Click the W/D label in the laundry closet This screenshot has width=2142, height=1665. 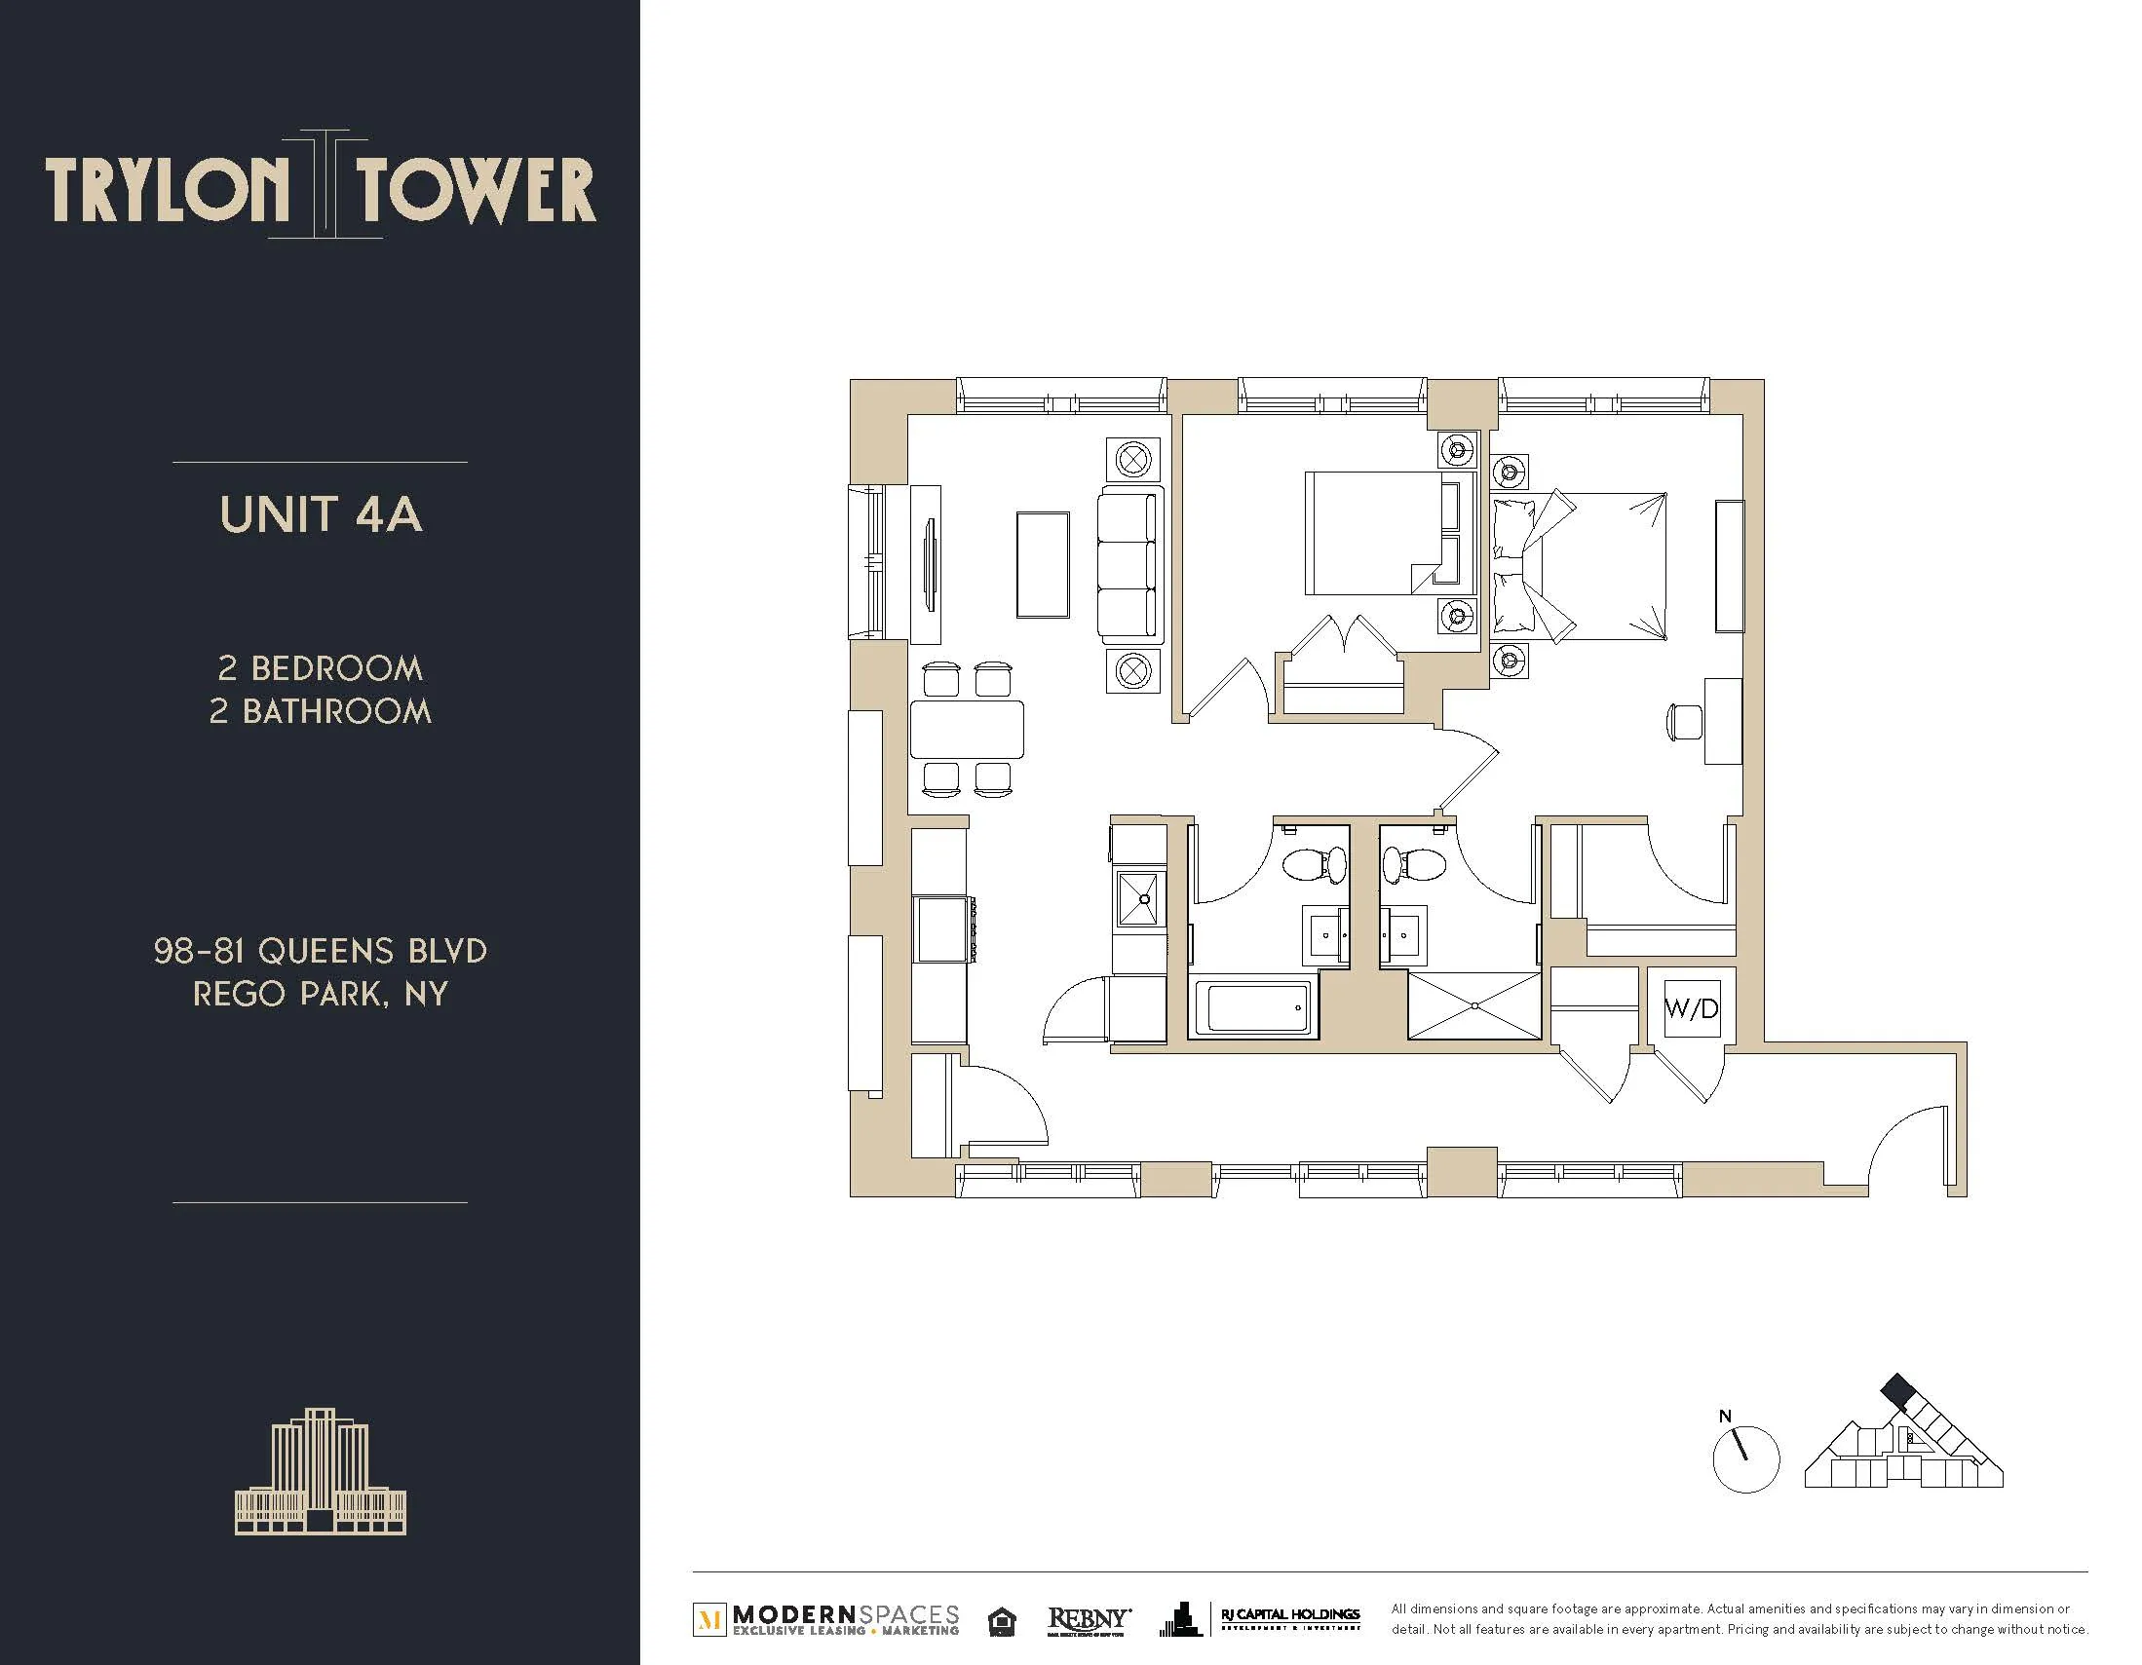(1691, 1008)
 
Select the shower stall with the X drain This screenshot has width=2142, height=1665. (1474, 1006)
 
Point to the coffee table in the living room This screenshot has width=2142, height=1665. (1043, 565)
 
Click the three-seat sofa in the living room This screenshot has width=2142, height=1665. (1129, 566)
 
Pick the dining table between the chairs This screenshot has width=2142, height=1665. (967, 730)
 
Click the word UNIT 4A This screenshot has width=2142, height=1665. (321, 514)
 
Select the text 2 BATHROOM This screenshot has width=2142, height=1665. (321, 711)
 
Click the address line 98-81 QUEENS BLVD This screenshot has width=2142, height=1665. (321, 950)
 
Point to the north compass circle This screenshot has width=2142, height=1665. (1744, 1460)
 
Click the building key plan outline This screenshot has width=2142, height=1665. (1902, 1451)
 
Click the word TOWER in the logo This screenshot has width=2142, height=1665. (476, 190)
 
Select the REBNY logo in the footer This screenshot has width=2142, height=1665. (1089, 1619)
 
